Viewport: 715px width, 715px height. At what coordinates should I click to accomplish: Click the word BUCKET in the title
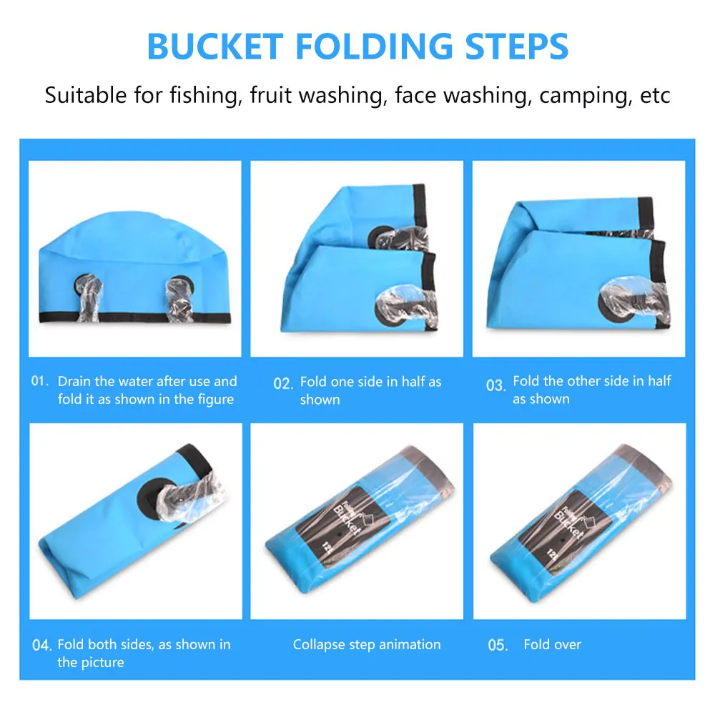click(215, 46)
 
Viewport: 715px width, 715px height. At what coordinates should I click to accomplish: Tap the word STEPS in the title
click(517, 46)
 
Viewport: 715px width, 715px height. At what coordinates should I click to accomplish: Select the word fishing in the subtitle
click(206, 96)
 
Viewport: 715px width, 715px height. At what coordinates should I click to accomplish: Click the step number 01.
click(39, 381)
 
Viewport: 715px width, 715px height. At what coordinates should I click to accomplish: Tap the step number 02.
click(283, 383)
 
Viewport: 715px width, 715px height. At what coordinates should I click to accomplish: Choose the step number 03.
click(495, 385)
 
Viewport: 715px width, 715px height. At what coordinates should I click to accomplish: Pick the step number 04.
click(42, 645)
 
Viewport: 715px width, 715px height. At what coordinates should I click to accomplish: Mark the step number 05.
click(498, 645)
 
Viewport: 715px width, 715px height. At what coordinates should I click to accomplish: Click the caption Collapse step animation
click(367, 645)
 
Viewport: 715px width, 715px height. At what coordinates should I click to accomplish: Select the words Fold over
click(552, 644)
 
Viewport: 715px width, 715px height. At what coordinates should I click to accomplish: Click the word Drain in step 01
click(74, 381)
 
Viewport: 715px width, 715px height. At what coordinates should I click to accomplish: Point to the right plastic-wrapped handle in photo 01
click(179, 299)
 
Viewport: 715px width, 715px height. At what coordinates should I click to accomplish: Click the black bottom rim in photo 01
click(135, 317)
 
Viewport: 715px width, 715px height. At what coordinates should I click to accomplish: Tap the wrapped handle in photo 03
click(633, 299)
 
